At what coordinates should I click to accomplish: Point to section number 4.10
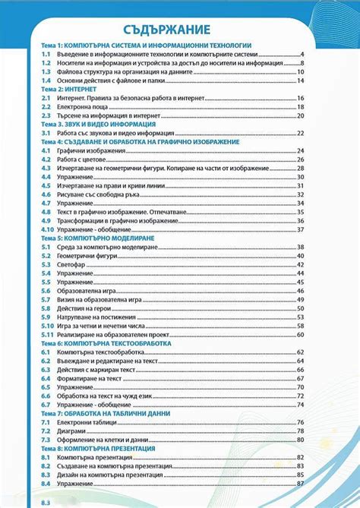[47, 229]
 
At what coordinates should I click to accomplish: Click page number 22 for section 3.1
[301, 133]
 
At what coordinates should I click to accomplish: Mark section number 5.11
[47, 334]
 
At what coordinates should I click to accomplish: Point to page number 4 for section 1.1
[302, 55]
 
